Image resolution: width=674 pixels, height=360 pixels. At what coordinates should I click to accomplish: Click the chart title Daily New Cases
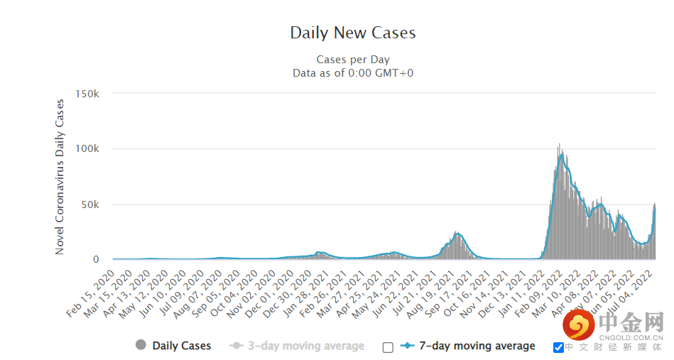(x=353, y=33)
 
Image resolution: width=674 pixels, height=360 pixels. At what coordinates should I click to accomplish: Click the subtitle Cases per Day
(x=353, y=60)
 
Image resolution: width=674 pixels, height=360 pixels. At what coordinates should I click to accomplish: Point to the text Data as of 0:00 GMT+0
(x=353, y=72)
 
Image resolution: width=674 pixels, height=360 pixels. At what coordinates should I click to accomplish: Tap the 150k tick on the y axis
(x=87, y=94)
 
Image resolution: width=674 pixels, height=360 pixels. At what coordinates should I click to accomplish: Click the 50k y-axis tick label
(x=90, y=204)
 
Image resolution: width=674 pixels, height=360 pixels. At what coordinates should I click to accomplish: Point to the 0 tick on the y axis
(x=96, y=260)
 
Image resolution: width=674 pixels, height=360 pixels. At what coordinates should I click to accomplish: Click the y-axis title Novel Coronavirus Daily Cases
(x=60, y=177)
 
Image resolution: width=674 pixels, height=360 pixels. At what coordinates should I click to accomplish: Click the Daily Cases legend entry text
(x=182, y=346)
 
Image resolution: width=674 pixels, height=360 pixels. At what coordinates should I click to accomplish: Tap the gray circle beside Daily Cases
(x=141, y=345)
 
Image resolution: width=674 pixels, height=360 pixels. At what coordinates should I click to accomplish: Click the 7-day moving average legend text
(x=477, y=346)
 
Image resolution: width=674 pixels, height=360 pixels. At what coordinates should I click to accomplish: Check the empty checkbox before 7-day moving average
(x=388, y=347)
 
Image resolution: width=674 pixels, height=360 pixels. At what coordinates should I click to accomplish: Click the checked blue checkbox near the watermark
(x=558, y=347)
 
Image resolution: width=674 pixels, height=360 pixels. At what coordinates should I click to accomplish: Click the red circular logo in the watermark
(x=579, y=325)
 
